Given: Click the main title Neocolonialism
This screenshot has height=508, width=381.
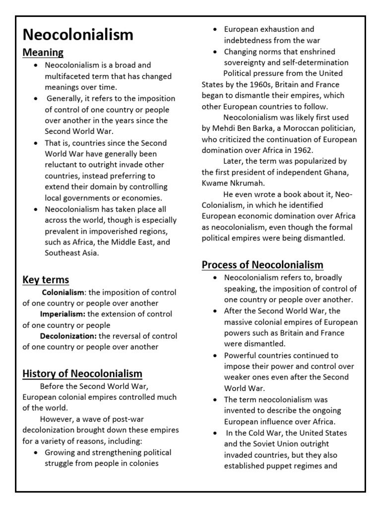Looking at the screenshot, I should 78,34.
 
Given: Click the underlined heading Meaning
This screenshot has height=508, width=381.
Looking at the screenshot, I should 43,52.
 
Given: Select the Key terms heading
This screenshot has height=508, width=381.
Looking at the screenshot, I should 46,280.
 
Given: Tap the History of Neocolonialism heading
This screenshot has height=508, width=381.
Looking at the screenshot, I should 82,374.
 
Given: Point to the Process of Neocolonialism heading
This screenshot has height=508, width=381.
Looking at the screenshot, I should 262,264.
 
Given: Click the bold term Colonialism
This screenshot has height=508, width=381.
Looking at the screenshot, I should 63,292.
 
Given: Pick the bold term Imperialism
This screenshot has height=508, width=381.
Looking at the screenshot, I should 63,314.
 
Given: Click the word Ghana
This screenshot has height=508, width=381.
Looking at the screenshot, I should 337,172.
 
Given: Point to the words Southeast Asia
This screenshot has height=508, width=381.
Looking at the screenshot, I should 72,253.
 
